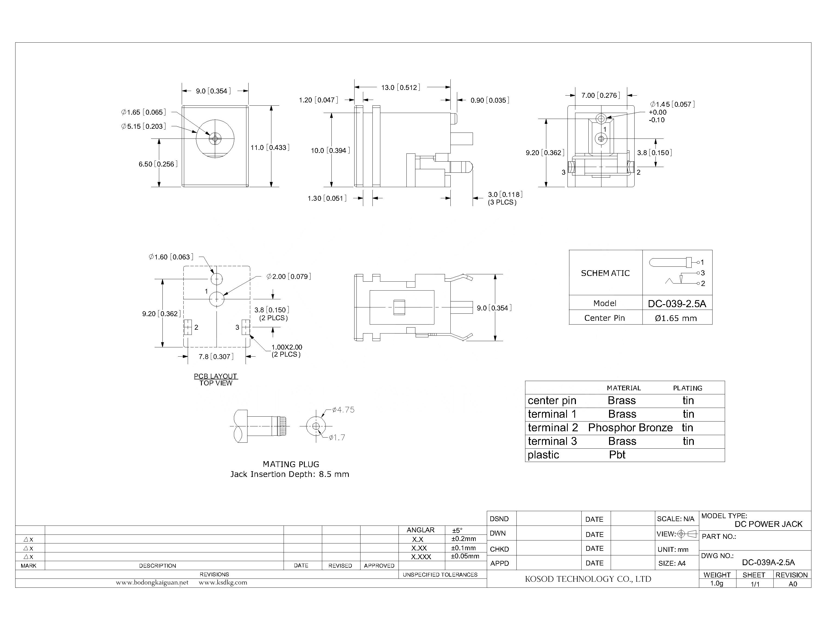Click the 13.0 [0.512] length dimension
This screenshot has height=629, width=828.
pos(400,88)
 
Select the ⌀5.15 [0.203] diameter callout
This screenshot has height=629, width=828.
pos(143,127)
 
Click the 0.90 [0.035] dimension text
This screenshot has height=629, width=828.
pos(490,100)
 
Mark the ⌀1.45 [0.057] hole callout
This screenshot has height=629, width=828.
pos(672,105)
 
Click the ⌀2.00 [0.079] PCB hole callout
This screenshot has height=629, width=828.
pos(288,277)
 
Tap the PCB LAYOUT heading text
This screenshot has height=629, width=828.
pos(215,376)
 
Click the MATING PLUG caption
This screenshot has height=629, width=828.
pos(291,464)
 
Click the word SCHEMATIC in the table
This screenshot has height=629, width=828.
pos(605,273)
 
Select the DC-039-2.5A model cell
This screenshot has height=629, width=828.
pos(677,304)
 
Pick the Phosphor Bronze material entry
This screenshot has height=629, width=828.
pos(630,428)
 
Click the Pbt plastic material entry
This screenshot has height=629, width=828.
pos(617,455)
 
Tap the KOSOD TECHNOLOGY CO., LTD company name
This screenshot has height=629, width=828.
pos(588,579)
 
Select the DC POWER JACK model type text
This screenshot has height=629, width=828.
pos(768,524)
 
